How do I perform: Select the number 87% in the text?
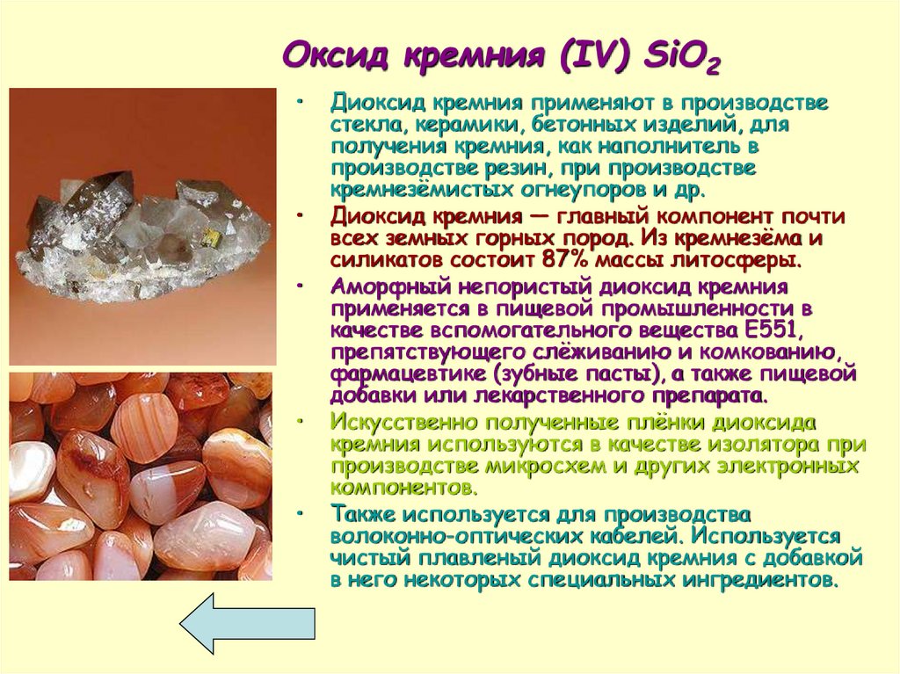click(x=541, y=260)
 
